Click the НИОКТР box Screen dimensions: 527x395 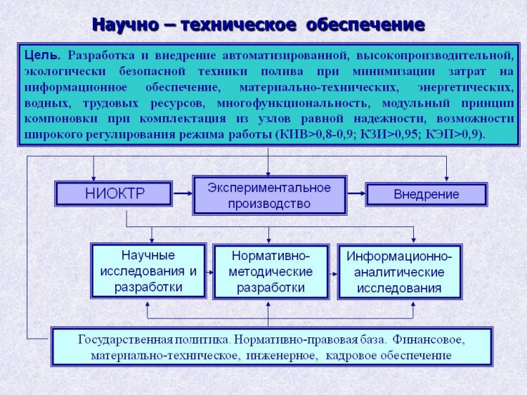click(114, 193)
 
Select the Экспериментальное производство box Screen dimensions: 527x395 click(270, 195)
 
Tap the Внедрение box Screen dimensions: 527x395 click(427, 194)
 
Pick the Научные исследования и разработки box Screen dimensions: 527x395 click(148, 271)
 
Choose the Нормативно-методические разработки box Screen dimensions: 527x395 click(271, 271)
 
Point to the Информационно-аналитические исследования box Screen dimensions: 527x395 click(400, 271)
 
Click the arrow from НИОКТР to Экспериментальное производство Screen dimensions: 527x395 click(183, 193)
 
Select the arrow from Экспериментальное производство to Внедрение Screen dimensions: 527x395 click(356, 193)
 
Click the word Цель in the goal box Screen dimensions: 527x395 click(42, 56)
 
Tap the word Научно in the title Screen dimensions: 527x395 click(125, 25)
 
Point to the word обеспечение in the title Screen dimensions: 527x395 click(365, 25)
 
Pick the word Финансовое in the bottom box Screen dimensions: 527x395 click(429, 340)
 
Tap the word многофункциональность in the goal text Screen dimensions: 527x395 click(294, 103)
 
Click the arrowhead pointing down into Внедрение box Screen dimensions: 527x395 click(446, 178)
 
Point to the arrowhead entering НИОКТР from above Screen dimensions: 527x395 click(93, 178)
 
